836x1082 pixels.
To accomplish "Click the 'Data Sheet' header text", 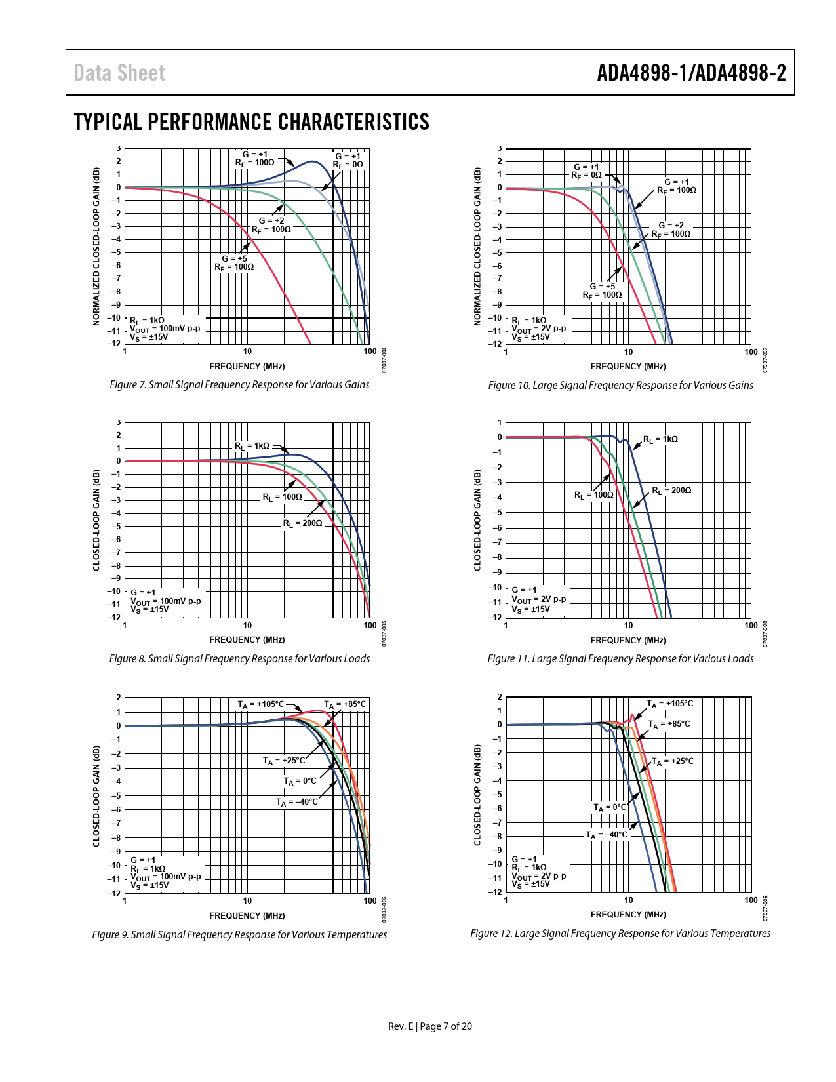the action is [x=119, y=73].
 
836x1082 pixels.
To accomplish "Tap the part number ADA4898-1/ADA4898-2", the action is [x=691, y=73].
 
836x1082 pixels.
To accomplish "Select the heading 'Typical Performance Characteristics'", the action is [x=251, y=122].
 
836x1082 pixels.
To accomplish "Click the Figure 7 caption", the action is [x=239, y=384].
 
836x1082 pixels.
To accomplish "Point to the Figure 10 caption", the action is [x=620, y=385].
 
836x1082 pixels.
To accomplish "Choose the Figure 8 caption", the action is [x=239, y=658].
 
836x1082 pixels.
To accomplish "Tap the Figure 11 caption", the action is [x=620, y=658].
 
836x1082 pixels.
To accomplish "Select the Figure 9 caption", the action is [x=239, y=934].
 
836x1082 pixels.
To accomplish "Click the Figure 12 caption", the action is [x=620, y=933].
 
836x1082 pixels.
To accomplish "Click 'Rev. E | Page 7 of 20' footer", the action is [x=430, y=1026].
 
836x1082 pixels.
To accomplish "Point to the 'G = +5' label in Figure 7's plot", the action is [x=234, y=258].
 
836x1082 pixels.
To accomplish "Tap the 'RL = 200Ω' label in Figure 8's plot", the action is [x=303, y=523].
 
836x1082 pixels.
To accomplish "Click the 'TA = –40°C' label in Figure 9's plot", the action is [x=297, y=802].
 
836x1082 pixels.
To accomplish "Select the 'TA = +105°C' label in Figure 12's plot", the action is [x=669, y=704].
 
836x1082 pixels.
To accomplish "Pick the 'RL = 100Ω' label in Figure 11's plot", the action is [x=594, y=495].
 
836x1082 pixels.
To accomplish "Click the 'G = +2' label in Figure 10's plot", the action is [x=671, y=225].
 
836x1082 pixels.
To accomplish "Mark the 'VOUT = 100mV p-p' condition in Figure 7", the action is [x=165, y=329].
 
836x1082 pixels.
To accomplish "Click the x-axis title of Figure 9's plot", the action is [x=247, y=915].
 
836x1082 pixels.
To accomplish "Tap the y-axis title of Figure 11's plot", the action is [x=477, y=520].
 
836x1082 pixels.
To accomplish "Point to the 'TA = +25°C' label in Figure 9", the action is [x=284, y=761].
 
